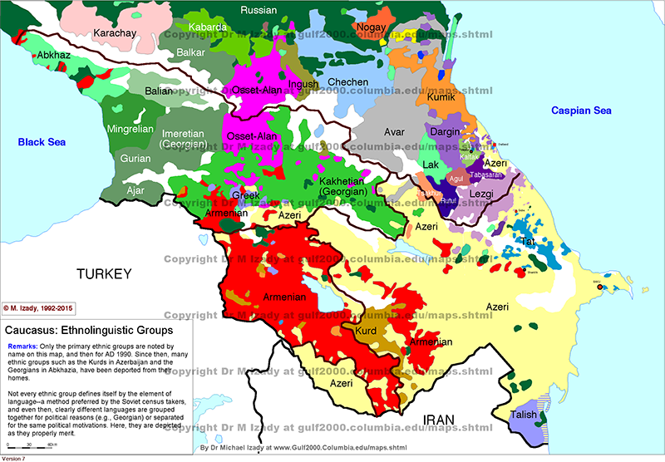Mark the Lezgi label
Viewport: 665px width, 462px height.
click(481, 194)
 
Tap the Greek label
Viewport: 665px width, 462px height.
click(245, 195)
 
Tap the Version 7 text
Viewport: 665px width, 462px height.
click(15, 458)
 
